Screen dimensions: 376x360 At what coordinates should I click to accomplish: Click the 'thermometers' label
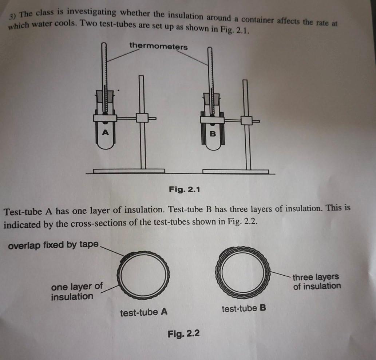click(x=158, y=46)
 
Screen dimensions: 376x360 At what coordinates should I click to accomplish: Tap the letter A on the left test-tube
click(x=105, y=132)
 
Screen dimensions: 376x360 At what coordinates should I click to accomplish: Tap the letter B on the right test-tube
click(x=213, y=134)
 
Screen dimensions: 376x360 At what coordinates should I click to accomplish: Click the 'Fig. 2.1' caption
click(x=184, y=189)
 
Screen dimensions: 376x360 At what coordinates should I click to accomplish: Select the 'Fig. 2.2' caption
click(x=183, y=334)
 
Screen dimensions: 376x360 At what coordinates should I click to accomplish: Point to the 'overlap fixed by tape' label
click(x=53, y=245)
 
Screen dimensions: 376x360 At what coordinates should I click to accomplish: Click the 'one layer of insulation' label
click(x=76, y=291)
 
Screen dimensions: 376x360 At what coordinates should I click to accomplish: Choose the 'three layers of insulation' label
click(x=316, y=281)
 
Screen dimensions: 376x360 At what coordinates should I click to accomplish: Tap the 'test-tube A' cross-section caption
click(x=144, y=312)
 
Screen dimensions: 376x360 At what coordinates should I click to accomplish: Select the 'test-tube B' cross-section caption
click(x=244, y=308)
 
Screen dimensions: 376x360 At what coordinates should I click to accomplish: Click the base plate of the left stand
click(x=129, y=171)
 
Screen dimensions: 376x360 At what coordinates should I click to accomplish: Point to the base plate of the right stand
click(x=236, y=172)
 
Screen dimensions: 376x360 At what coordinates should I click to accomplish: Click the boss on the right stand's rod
click(x=246, y=120)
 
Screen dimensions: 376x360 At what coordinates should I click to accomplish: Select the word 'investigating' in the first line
click(x=91, y=12)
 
